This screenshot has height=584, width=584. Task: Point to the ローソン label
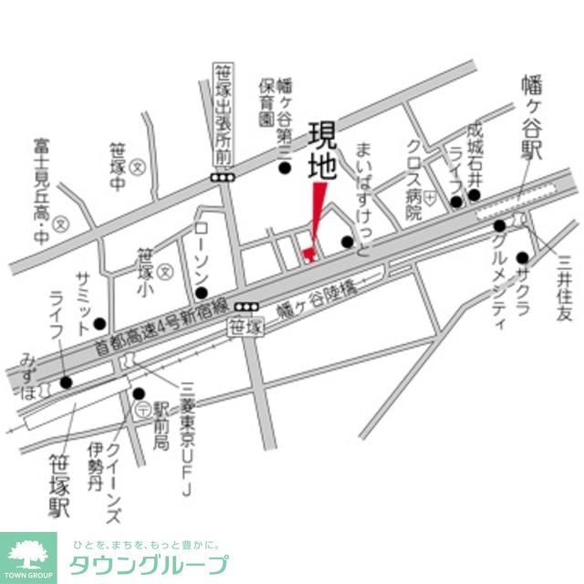(202, 250)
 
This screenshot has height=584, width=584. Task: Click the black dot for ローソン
(201, 292)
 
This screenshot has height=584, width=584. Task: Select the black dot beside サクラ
(521, 257)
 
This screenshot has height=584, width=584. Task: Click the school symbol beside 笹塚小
(165, 272)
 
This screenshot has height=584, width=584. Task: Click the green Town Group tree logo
(27, 553)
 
